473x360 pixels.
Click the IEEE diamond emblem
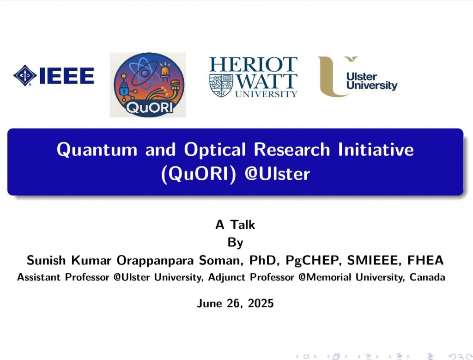click(25, 75)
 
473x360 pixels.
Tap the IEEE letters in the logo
click(67, 76)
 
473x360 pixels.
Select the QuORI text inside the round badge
click(149, 107)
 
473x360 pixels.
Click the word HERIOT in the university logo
click(254, 64)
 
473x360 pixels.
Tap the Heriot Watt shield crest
click(221, 85)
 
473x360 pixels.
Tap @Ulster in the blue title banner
click(277, 174)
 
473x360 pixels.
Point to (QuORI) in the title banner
click(199, 174)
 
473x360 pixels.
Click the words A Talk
click(235, 225)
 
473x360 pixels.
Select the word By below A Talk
click(235, 243)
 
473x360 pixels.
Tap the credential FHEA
click(425, 260)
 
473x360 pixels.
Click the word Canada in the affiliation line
click(427, 277)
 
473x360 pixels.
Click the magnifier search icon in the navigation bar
click(461, 357)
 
